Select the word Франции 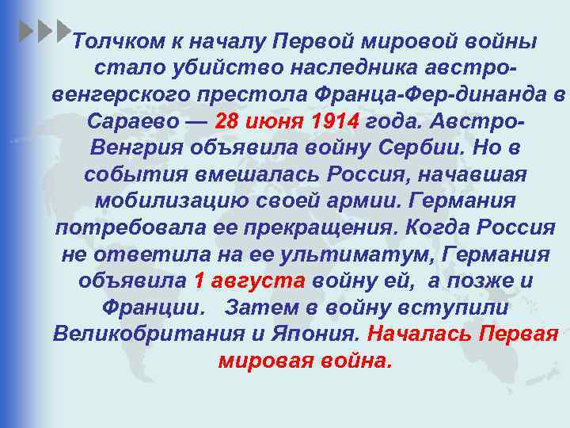(x=150, y=309)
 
